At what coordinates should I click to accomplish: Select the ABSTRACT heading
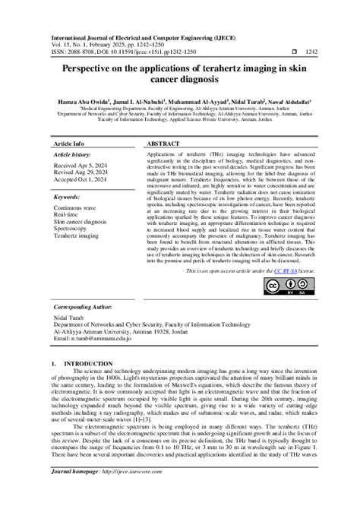[164, 143]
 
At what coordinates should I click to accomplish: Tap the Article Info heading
[69, 143]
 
